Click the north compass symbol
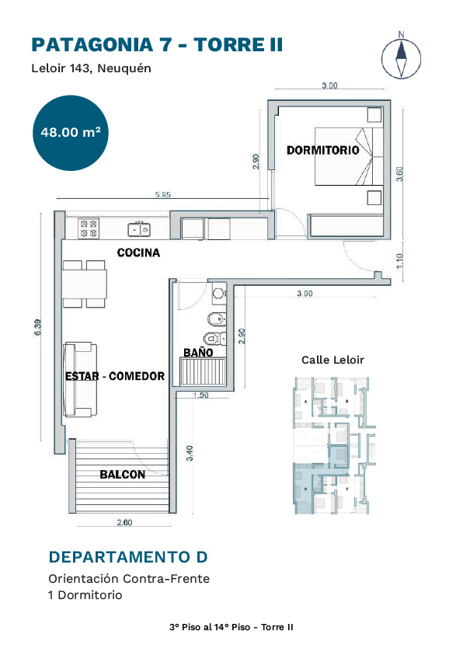coord(401,57)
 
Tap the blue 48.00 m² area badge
coord(71,133)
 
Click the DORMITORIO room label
coord(322,150)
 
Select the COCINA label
coord(138,253)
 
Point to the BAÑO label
coord(198,353)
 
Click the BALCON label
coord(122,475)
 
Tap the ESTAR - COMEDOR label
coord(115,376)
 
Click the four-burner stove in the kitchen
coord(88,228)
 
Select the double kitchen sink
coord(139,229)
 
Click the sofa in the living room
coord(80,379)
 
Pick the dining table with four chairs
coord(85,284)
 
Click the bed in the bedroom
coord(349,156)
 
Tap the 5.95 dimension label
coord(163,195)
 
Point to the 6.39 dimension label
coord(38,327)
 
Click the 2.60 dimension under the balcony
coord(124,522)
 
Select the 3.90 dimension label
coord(305,294)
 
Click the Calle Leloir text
coord(332,360)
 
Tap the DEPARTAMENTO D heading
coord(128,557)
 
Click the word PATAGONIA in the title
coord(92,45)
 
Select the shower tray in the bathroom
coord(203,371)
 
